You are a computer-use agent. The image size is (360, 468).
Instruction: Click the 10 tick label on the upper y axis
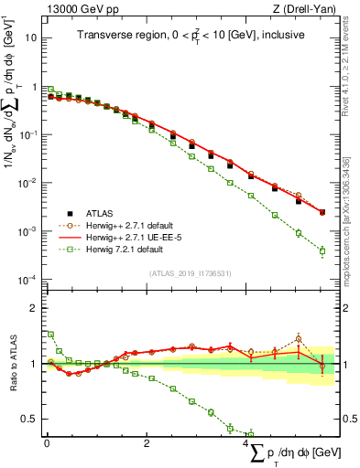pyautogui.click(x=30, y=38)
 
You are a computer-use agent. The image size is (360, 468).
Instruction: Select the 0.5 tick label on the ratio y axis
pyautogui.click(x=27, y=420)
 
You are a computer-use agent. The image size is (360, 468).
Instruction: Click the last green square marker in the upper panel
pyautogui.click(x=322, y=250)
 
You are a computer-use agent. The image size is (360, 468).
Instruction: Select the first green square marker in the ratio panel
pyautogui.click(x=50, y=335)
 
